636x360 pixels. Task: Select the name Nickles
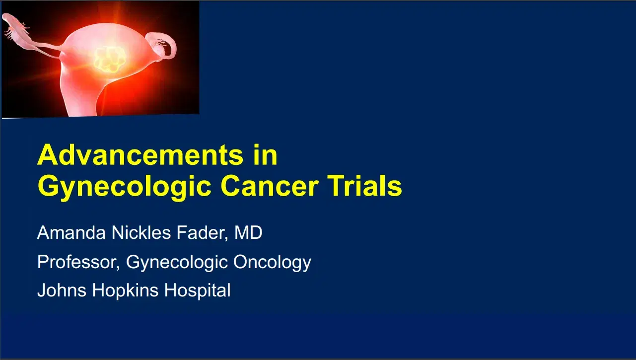(132, 233)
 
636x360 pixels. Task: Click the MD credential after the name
(248, 233)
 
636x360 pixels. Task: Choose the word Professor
(78, 262)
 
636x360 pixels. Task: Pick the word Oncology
(273, 262)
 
